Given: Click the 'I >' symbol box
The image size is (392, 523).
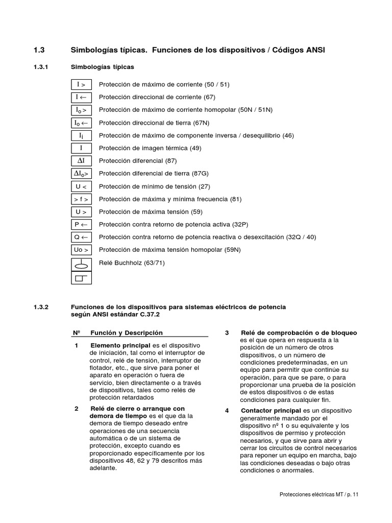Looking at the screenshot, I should point(81,85).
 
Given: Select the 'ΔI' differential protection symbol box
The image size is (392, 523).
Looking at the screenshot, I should point(81,161).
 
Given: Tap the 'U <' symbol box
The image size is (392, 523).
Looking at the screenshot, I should point(81,186).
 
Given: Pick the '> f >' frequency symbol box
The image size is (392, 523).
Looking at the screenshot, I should point(81,199).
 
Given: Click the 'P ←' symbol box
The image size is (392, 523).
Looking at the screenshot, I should point(81,225).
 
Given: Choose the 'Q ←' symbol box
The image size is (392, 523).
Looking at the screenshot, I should point(81,237).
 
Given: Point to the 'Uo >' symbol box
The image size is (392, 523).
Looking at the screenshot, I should point(81,250).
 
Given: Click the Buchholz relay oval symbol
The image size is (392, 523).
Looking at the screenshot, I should point(81,265).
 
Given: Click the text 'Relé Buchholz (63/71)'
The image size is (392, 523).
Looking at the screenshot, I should point(132,263).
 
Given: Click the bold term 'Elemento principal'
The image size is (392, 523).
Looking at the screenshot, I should point(120,346).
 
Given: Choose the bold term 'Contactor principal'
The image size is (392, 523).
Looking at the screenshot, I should point(271,411).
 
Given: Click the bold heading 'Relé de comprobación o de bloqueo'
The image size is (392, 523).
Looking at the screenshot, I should point(299,333).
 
